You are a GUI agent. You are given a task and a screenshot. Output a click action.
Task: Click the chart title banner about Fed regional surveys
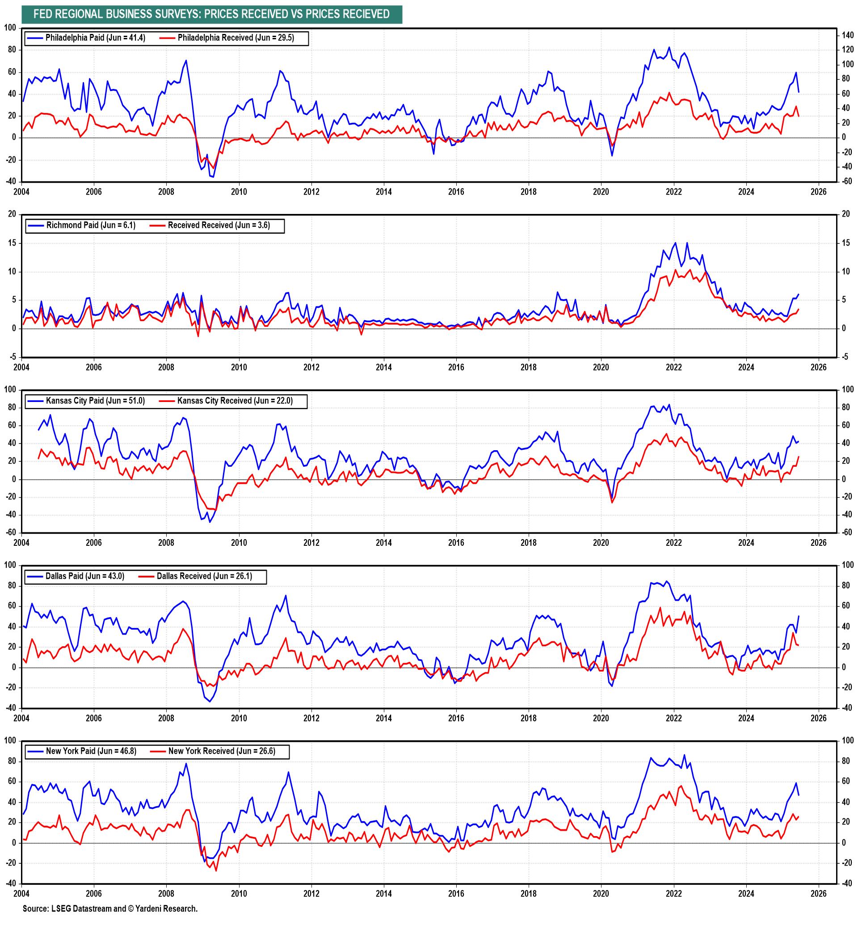click(x=212, y=14)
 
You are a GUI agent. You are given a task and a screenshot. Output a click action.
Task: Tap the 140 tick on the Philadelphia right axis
click(x=847, y=35)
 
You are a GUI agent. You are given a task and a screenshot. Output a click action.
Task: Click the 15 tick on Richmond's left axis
click(x=13, y=243)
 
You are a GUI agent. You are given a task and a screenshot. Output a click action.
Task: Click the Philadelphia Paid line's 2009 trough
click(x=213, y=177)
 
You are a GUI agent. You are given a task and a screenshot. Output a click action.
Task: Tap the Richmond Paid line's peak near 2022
click(x=675, y=242)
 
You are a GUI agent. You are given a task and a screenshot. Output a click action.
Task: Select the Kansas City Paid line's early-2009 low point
click(x=210, y=522)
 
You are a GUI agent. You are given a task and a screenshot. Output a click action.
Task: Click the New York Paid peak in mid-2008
click(x=186, y=763)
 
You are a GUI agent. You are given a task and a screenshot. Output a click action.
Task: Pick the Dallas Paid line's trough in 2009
click(x=210, y=702)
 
